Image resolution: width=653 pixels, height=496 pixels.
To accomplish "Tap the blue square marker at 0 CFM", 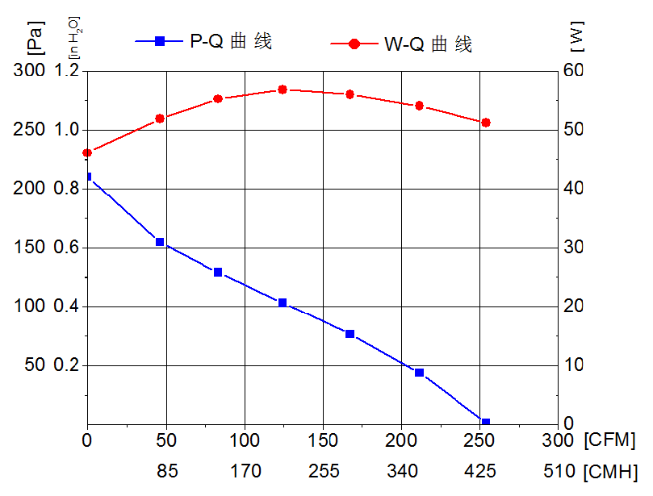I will [87, 177].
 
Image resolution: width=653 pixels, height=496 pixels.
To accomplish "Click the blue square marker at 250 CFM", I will [485, 423].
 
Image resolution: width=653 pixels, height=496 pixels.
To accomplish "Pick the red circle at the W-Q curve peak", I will [283, 90].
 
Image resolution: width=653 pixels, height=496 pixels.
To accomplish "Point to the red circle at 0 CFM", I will [87, 152].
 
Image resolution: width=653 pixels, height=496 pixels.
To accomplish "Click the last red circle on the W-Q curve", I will [485, 123].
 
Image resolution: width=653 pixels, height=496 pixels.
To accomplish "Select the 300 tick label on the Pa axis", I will [29, 71].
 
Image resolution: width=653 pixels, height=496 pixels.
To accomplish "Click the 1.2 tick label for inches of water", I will [67, 71].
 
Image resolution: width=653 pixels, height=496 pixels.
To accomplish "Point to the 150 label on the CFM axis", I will [323, 441].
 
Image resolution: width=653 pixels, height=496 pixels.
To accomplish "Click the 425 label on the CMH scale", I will [480, 470].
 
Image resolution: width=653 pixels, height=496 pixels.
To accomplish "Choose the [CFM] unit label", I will [609, 441].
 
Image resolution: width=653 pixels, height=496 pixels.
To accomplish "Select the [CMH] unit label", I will [609, 470].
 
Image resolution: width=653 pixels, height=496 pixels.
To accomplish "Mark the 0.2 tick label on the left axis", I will [67, 365].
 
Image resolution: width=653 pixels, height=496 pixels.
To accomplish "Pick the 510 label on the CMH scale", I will [559, 470].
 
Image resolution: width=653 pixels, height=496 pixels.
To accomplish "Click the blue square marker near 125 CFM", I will [283, 302].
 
